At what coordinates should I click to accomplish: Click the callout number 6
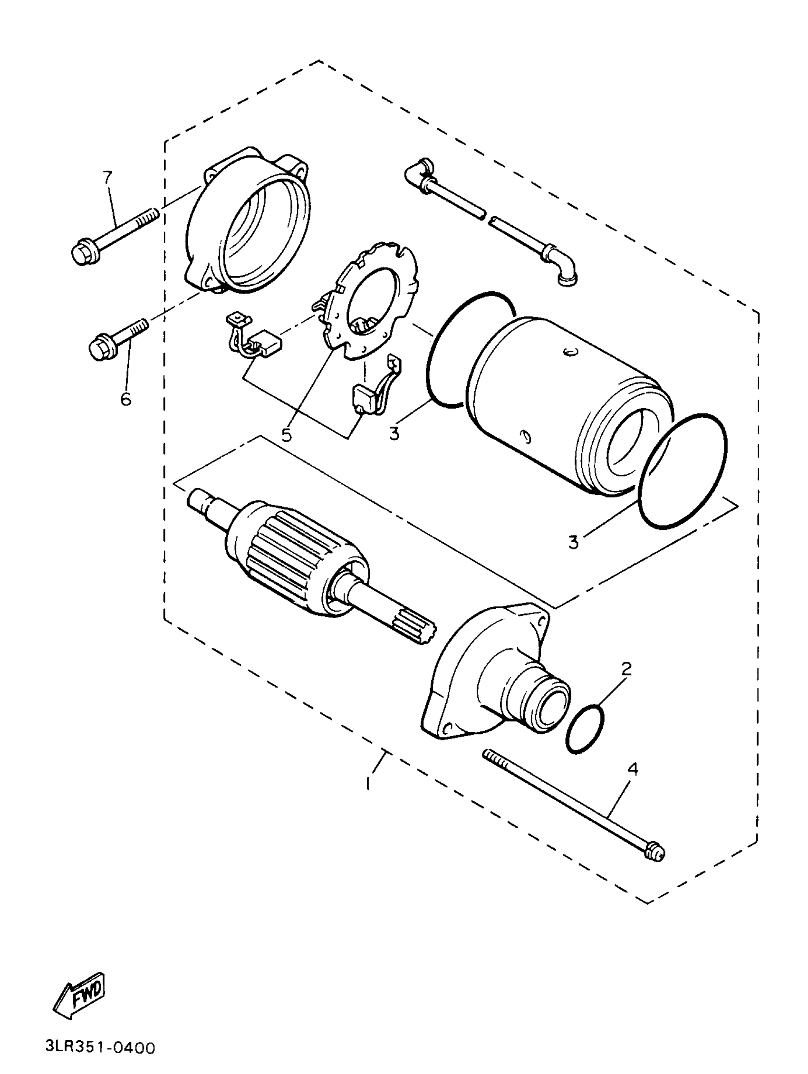click(126, 399)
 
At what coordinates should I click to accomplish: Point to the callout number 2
click(626, 669)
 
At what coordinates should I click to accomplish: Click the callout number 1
click(368, 783)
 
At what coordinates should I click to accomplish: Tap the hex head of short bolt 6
click(99, 349)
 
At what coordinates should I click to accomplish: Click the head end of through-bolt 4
click(654, 853)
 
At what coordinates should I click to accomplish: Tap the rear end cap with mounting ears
click(248, 223)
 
